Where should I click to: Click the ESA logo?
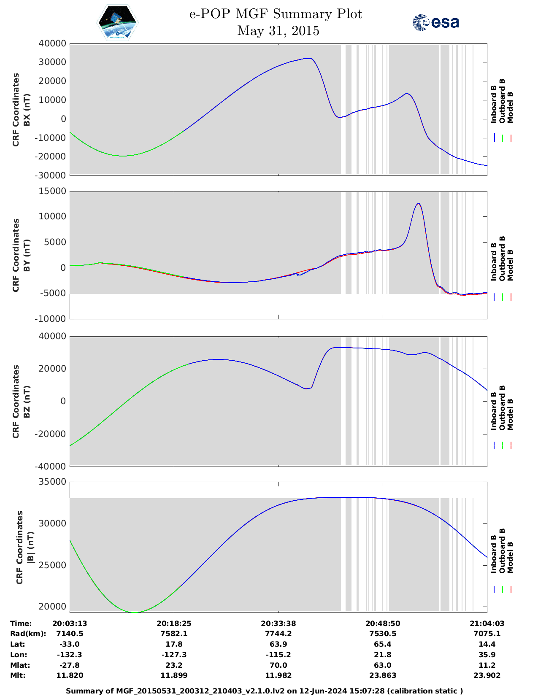(x=436, y=22)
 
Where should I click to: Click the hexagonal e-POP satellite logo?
(x=118, y=23)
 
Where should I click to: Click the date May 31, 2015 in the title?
(x=278, y=31)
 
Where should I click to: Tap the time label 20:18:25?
(x=174, y=623)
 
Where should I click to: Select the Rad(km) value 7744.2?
(x=278, y=634)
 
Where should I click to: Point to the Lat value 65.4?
(x=382, y=644)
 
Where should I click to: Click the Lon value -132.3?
(x=70, y=655)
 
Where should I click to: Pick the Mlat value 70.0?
(x=278, y=665)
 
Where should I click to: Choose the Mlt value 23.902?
(x=487, y=675)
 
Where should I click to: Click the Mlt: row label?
(x=18, y=675)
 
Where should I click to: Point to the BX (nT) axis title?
(x=27, y=110)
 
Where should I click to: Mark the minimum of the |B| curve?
(x=135, y=612)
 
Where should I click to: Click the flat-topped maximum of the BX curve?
(x=308, y=59)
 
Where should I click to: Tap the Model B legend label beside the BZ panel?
(x=510, y=415)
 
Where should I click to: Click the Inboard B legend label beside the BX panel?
(x=494, y=104)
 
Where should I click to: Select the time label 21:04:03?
(x=487, y=623)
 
